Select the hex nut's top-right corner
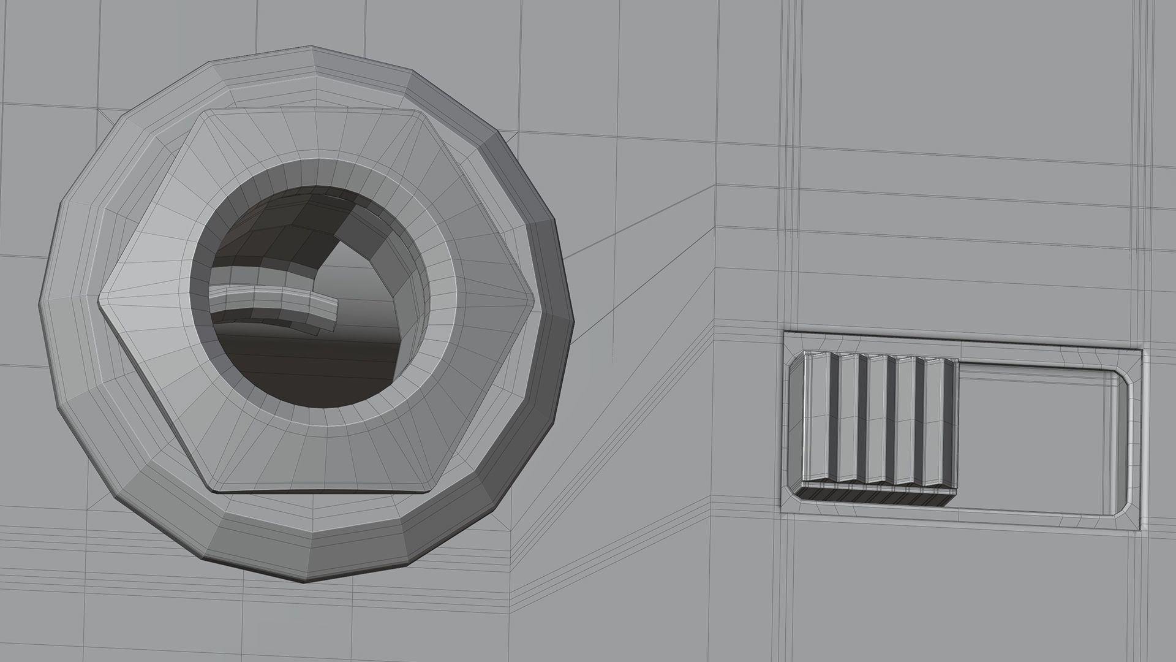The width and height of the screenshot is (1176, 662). (x=423, y=113)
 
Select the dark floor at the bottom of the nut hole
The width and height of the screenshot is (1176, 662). (x=306, y=368)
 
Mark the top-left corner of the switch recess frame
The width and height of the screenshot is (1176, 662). (x=785, y=333)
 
